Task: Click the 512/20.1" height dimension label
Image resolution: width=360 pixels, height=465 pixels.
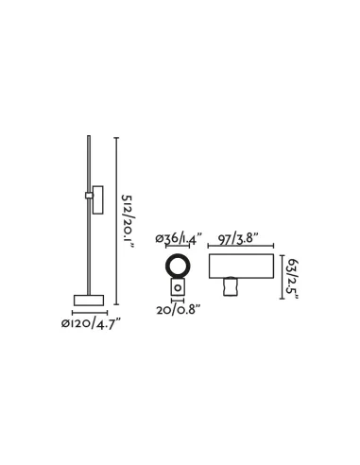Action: pos(128,222)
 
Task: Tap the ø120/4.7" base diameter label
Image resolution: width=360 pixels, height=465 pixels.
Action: pos(91,323)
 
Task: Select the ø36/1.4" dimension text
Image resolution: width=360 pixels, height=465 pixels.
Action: pos(178,238)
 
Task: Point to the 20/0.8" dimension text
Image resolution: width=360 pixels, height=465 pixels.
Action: pos(179,310)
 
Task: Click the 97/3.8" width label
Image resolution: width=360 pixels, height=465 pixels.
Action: pos(238,239)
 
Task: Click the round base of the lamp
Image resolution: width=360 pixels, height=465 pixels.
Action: pos(89,301)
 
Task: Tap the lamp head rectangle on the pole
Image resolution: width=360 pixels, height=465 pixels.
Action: pos(97,200)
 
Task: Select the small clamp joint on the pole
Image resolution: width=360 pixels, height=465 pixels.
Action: pos(89,196)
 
